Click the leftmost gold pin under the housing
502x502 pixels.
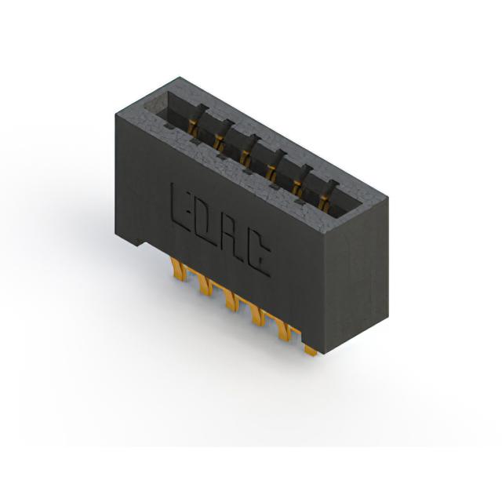click(x=179, y=270)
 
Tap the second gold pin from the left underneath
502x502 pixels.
click(x=206, y=284)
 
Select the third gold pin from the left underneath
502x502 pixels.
click(x=232, y=300)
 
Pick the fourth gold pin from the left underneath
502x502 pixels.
click(x=259, y=315)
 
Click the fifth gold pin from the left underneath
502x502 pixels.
click(x=285, y=329)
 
